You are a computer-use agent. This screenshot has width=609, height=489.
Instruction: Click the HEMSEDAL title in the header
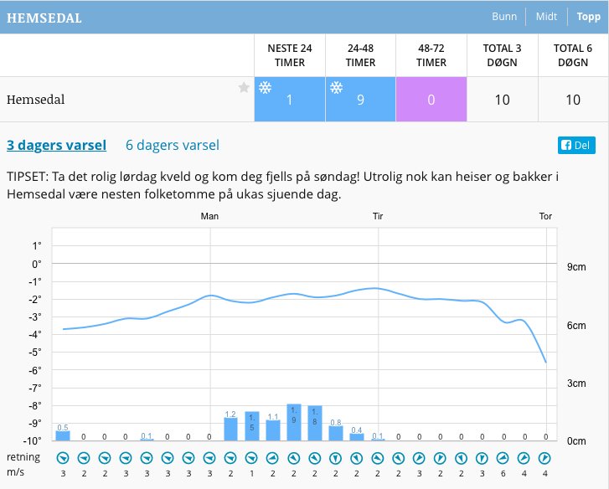point(44,18)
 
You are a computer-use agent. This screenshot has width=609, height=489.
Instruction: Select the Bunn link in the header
point(504,17)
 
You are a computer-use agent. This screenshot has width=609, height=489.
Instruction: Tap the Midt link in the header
point(546,17)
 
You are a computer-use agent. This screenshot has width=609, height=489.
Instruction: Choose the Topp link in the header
point(589,17)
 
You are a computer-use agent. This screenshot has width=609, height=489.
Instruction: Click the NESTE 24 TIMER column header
point(289,55)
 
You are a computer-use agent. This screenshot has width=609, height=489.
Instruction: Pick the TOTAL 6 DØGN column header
point(573,55)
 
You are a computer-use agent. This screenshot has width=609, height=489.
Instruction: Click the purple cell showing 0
point(431,100)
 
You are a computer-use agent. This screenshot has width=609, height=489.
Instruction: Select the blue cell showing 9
point(360,100)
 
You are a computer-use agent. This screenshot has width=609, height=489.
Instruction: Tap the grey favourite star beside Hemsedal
point(244,88)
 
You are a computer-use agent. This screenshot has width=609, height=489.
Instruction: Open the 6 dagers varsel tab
point(173,145)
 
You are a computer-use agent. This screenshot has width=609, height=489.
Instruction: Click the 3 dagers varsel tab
point(57,145)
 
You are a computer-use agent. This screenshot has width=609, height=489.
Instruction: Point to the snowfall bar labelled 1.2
point(230,429)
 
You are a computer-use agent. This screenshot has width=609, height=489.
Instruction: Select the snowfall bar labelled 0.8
point(336,433)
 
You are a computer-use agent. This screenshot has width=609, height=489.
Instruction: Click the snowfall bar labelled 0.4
point(357,436)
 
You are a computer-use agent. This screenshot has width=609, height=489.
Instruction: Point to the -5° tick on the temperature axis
point(36,352)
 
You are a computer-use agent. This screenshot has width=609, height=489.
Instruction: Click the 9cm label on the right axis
point(576,267)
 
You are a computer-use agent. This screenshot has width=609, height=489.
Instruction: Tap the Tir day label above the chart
point(378,216)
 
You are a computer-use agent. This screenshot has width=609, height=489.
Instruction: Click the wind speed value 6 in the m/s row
point(503,473)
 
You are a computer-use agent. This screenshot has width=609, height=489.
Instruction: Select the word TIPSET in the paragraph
point(28,178)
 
